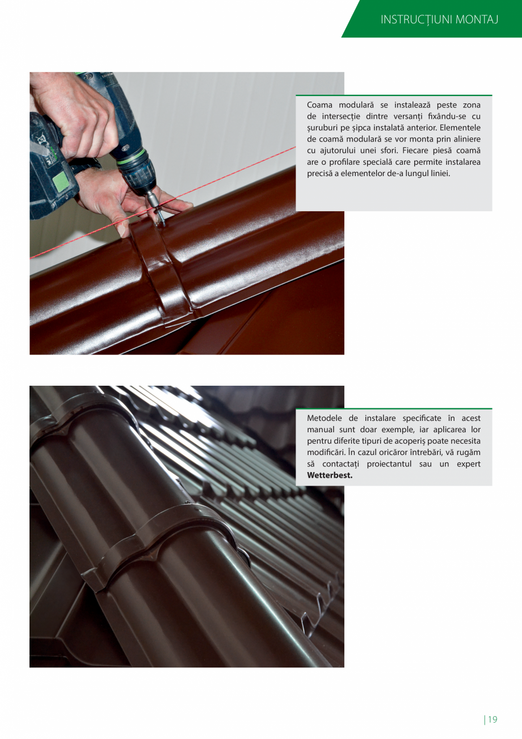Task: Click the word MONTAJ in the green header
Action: [x=477, y=20]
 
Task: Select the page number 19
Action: [x=492, y=720]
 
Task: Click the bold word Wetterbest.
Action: [x=330, y=475]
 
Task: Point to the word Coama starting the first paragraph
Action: [x=319, y=105]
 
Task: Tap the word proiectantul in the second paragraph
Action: [x=389, y=464]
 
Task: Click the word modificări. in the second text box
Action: [x=327, y=453]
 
